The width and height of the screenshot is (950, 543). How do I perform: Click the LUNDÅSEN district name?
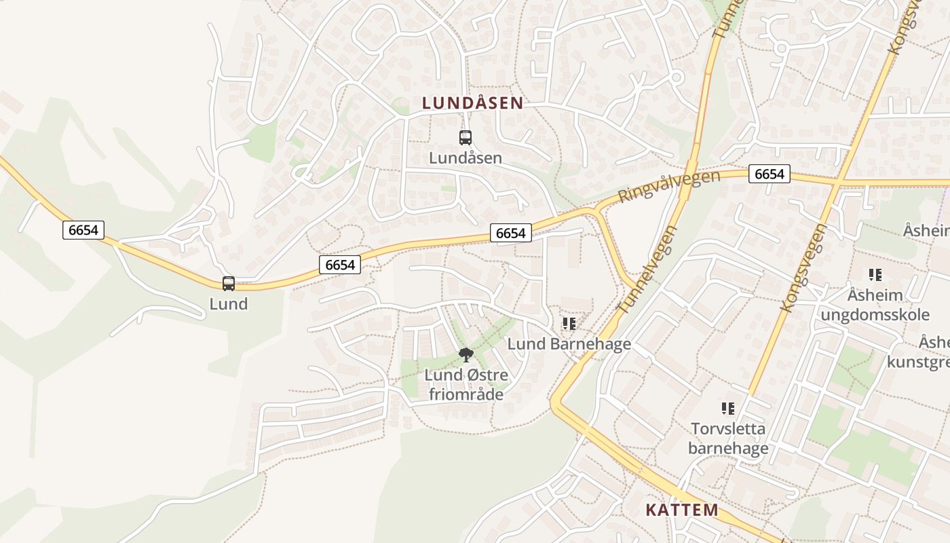point(472,103)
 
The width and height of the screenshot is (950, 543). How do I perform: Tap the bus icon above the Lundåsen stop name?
point(465,138)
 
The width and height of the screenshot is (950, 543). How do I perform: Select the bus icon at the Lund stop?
point(229,284)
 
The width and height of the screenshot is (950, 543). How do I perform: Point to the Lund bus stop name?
point(229,303)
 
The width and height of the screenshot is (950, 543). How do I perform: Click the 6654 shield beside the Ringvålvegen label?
point(769,174)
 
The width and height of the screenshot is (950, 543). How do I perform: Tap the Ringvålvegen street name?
point(668,186)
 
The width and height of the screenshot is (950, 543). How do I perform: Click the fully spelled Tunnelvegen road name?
point(648,269)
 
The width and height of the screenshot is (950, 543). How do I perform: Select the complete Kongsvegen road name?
point(804,267)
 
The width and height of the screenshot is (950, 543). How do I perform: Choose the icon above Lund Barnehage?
point(569,324)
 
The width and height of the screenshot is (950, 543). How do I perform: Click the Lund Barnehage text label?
point(569,344)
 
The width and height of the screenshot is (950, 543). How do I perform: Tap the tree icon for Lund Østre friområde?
point(466,354)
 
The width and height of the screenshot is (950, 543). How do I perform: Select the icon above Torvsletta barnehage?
point(728,409)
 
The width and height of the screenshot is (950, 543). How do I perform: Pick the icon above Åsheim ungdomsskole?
point(875,275)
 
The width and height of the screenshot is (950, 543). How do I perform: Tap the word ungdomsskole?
point(875,315)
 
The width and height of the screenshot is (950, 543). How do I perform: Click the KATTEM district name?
point(681,510)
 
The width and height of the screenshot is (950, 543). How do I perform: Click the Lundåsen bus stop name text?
point(465,158)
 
